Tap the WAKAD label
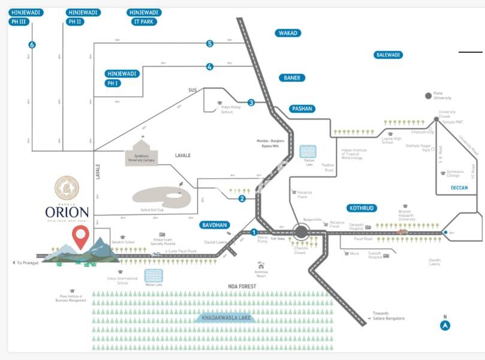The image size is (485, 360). [288, 33]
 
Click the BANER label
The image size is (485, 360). [292, 78]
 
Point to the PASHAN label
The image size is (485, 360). [302, 109]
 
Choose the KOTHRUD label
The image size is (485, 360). [360, 208]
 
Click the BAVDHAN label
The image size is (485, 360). [214, 225]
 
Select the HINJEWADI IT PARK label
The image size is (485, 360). [144, 17]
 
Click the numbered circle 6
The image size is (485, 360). [32, 44]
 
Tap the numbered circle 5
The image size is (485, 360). [210, 43]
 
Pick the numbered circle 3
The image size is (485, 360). [251, 103]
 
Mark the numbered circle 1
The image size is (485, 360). [254, 232]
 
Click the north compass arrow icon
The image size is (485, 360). [445, 326]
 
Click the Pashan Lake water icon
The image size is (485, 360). [309, 152]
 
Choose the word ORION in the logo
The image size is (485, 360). [67, 212]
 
